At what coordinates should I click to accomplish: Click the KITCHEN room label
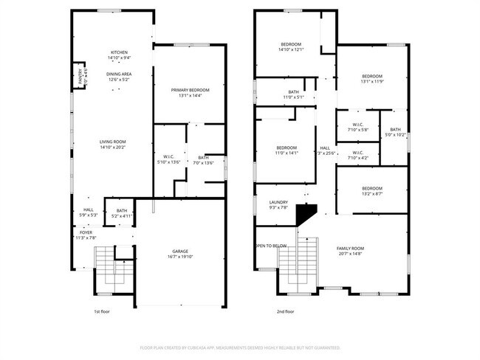(119, 52)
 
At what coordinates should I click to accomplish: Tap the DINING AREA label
(119, 75)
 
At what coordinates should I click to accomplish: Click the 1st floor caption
(103, 312)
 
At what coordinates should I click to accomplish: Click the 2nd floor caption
(285, 312)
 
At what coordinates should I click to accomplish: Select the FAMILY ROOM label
(351, 248)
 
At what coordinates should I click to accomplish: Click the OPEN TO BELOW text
(271, 246)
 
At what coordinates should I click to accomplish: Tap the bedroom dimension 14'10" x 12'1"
(291, 50)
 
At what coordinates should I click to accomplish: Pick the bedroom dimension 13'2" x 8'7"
(372, 194)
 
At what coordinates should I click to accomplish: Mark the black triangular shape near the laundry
(304, 214)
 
